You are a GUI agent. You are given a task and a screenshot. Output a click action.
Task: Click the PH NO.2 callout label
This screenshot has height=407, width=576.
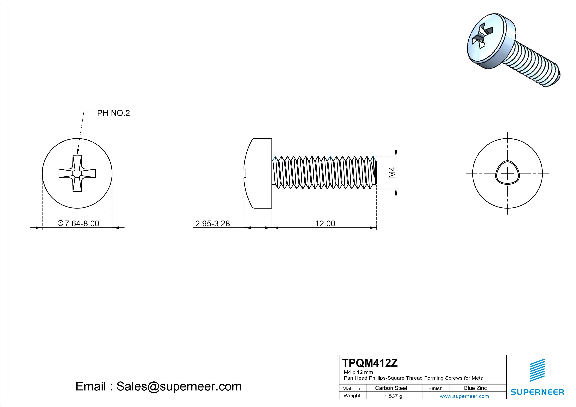[113, 113]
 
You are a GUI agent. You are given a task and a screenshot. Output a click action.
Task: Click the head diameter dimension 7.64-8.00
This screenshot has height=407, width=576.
[79, 223]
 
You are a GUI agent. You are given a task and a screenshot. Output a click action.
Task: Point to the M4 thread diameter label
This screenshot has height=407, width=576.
[392, 172]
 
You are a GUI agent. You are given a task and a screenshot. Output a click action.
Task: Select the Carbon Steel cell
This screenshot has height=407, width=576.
[391, 388]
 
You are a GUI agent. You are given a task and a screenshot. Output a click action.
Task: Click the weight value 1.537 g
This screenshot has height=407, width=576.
[393, 396]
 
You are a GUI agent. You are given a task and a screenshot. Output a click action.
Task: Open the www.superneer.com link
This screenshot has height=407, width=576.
[464, 396]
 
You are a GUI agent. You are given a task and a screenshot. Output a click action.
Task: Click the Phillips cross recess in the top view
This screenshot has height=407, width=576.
[77, 173]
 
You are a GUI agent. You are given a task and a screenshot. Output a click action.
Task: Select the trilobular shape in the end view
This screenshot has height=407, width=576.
[507, 173]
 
